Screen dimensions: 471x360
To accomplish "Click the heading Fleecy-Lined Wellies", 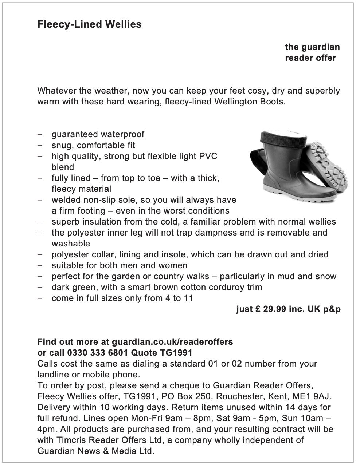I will pos(89,24).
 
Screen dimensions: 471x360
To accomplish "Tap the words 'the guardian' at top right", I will pos(312,47).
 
